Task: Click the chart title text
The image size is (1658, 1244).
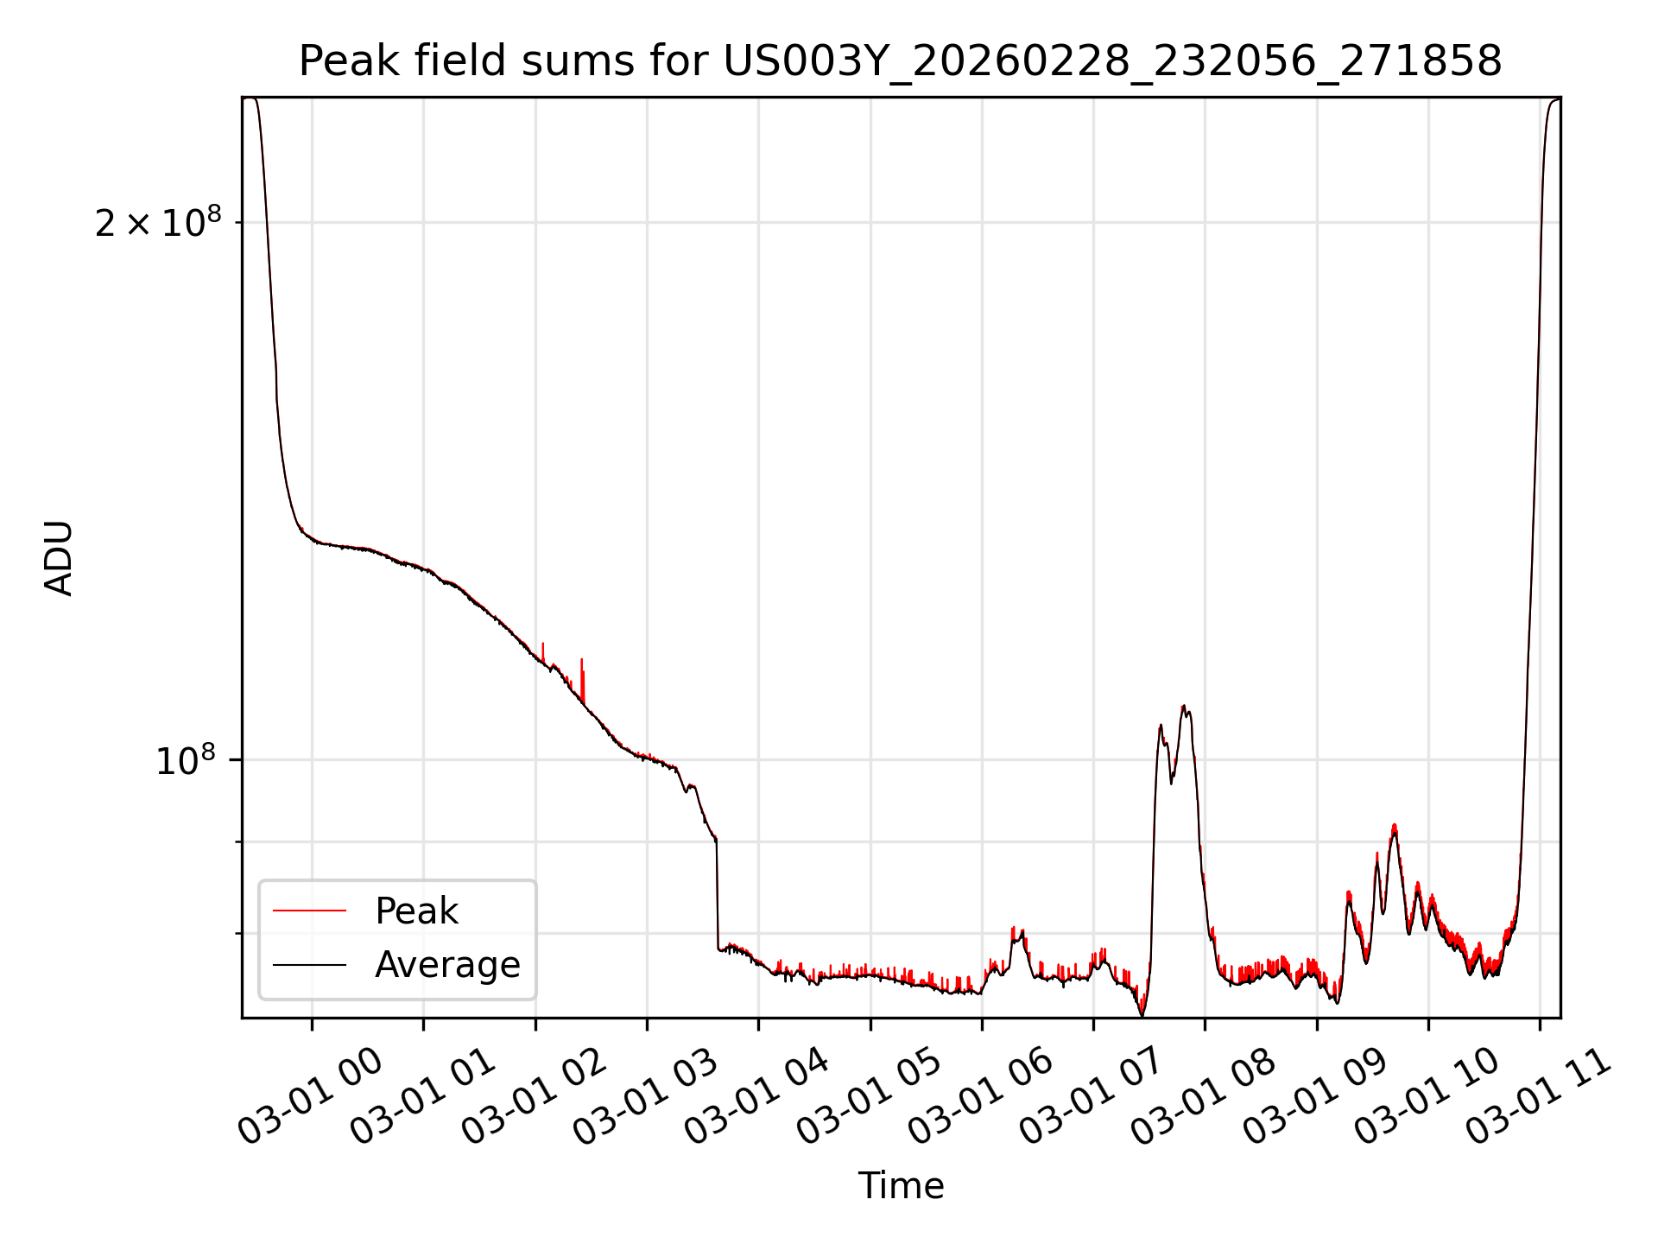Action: [x=900, y=61]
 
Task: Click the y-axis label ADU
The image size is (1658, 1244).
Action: [x=59, y=558]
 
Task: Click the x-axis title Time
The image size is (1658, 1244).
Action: [x=901, y=1185]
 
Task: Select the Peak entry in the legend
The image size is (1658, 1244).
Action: [x=416, y=911]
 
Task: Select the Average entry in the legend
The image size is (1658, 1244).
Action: [x=446, y=964]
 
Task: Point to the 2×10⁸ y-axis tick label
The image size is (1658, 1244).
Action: [x=158, y=224]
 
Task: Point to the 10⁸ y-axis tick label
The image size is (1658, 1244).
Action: [x=186, y=761]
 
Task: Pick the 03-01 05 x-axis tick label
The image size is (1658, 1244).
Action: [x=868, y=1097]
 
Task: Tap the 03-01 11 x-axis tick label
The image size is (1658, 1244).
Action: [x=1538, y=1097]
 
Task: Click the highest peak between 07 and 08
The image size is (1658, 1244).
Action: [x=1184, y=708]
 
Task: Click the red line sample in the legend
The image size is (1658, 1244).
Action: [x=309, y=911]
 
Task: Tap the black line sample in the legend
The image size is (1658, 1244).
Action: [x=309, y=964]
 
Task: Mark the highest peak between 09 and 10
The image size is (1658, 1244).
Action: [x=1394, y=827]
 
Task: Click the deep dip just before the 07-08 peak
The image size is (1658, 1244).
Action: [x=1142, y=1013]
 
